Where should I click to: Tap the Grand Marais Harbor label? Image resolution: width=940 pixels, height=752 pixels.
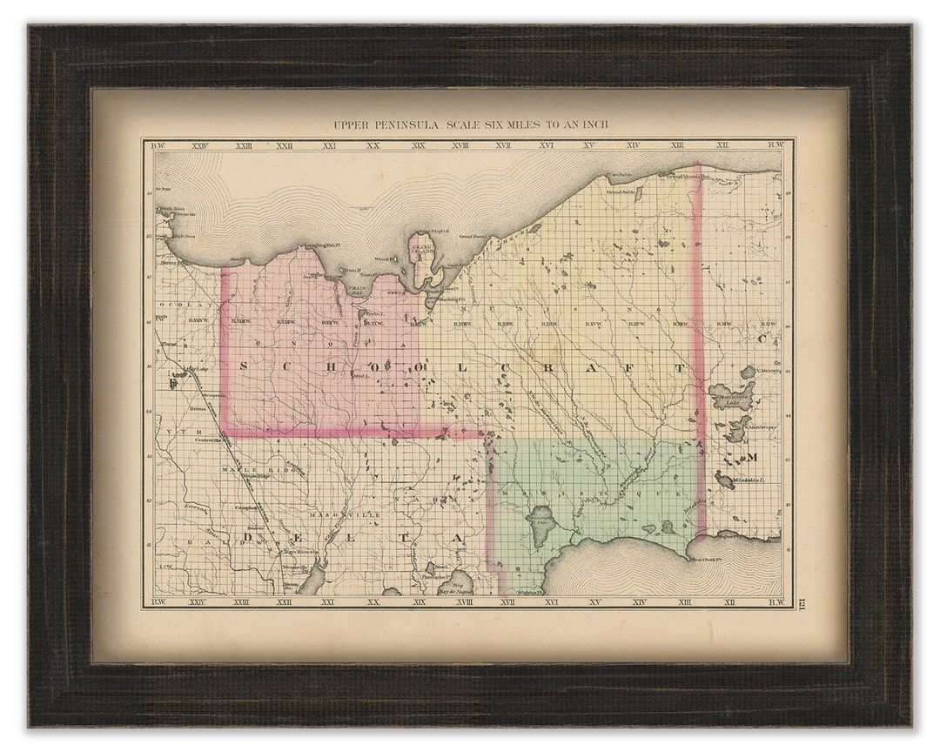coord(683,176)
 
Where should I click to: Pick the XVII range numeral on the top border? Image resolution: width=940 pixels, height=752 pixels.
coord(503,145)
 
